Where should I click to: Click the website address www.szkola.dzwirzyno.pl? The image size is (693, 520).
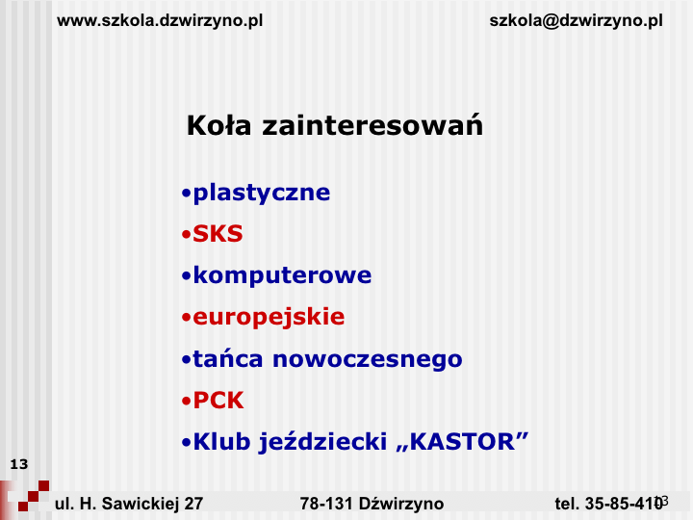point(160,21)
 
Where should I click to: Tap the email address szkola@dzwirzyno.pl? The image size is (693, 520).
point(576,21)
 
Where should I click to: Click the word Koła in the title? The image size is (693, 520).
point(218,125)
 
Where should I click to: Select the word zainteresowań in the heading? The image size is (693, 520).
point(372,125)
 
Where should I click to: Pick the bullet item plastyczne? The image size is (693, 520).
point(261,194)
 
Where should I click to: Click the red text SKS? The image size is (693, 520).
point(218,233)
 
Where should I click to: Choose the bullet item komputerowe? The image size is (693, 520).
point(282,276)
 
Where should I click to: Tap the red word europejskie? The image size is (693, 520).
point(269,318)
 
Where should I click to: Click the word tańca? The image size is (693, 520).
point(227,358)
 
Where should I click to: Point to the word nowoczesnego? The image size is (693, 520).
point(368,360)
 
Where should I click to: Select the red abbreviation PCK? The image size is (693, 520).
point(218,401)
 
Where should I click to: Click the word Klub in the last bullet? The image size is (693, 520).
point(221,441)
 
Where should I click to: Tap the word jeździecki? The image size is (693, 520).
point(322,442)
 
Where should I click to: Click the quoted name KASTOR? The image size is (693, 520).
point(462,441)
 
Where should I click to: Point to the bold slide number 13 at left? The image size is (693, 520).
point(19,464)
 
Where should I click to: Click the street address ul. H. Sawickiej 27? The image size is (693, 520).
point(129,504)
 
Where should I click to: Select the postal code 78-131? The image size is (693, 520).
point(326,504)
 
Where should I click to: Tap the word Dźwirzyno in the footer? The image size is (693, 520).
point(401,504)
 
